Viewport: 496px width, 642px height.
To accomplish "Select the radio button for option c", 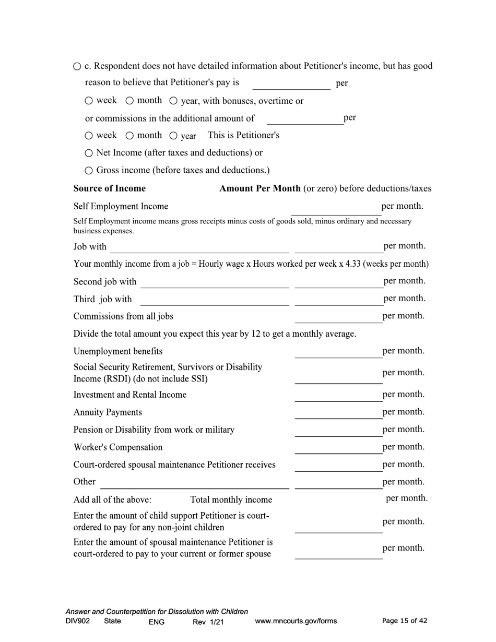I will (77, 66).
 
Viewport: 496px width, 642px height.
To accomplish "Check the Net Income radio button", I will (89, 153).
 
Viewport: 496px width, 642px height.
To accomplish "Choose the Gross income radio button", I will (89, 170).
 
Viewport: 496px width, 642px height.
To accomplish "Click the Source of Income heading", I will (110, 188).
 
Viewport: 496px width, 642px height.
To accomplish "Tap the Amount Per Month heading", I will (259, 188).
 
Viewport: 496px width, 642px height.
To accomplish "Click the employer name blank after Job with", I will (199, 247).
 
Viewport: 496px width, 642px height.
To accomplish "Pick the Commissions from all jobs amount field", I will (338, 317).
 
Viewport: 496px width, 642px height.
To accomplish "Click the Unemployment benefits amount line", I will (338, 352).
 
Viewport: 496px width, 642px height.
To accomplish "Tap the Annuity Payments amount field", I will (338, 413).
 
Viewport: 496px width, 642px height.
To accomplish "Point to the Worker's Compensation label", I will (118, 447).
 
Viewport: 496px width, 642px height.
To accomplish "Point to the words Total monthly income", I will (231, 500).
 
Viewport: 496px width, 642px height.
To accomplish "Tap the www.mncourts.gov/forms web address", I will (296, 621).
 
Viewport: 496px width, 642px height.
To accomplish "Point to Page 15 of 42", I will (405, 621).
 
